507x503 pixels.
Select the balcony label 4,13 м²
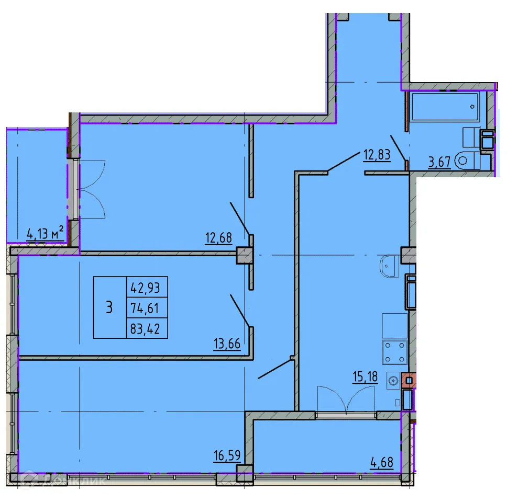[46, 234]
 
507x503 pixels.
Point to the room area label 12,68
[219, 239]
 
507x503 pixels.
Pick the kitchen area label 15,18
[365, 376]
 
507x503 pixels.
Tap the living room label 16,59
[227, 455]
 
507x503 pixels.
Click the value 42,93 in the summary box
[147, 287]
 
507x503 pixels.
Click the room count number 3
[109, 307]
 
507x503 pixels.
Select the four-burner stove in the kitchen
[395, 352]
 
